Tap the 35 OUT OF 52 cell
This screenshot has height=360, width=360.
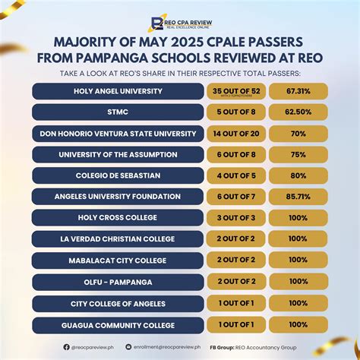(x=237, y=91)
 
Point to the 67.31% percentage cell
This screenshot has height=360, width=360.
(x=298, y=91)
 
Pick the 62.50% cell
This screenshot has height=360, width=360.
(x=298, y=113)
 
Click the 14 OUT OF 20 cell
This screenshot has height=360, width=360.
(x=237, y=134)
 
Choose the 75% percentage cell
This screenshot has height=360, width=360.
(x=298, y=156)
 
